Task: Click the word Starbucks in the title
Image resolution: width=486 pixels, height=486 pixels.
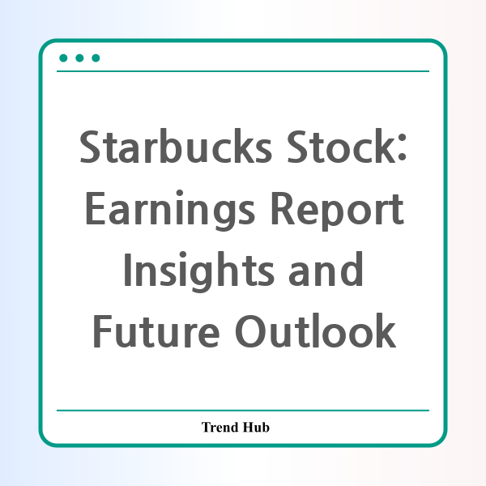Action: tap(176, 146)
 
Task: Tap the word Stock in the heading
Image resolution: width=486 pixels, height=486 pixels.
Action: tap(341, 146)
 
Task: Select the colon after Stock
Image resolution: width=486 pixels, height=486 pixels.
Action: tap(402, 147)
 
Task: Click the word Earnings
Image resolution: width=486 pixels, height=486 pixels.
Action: tap(170, 211)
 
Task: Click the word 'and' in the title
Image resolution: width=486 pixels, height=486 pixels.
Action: tap(326, 270)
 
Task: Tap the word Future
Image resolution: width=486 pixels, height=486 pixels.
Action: tap(156, 331)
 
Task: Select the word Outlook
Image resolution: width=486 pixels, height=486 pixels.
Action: tap(316, 330)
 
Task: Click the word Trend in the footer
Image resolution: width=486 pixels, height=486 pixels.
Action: tap(220, 427)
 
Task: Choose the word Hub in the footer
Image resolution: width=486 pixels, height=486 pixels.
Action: tap(256, 427)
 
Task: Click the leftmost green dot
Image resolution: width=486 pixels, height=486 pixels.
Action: tap(63, 58)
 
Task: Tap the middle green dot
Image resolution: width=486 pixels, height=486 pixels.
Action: tap(79, 58)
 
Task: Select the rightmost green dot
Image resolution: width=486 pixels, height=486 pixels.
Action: tap(96, 58)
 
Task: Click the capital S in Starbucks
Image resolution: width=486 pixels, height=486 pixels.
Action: tap(90, 147)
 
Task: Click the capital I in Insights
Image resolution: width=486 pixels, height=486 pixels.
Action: tap(127, 270)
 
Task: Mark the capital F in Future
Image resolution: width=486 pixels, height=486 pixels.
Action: tap(103, 331)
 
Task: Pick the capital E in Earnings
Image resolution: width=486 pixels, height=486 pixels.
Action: tap(95, 208)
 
